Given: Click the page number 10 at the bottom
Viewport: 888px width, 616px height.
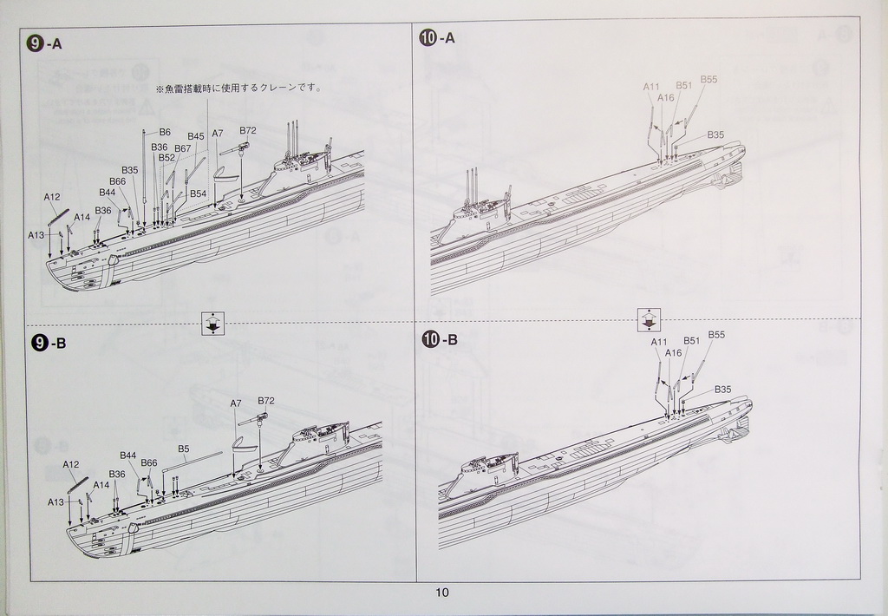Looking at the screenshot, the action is pyautogui.click(x=442, y=593).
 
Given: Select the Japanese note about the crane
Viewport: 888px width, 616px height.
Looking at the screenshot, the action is pyautogui.click(x=238, y=88).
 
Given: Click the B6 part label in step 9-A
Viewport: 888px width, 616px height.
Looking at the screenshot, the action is pyautogui.click(x=165, y=132).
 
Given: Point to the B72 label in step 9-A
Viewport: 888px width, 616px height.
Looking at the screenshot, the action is pyautogui.click(x=248, y=130).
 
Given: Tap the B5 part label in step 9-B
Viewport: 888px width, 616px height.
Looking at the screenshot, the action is pyautogui.click(x=184, y=449).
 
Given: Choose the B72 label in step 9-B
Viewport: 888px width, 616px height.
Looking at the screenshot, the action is pyautogui.click(x=266, y=401).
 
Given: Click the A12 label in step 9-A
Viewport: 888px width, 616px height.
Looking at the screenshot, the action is pyautogui.click(x=52, y=197).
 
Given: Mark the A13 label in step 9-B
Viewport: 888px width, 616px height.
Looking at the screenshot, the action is pyautogui.click(x=56, y=501).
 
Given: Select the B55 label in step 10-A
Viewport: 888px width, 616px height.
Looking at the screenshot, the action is pyautogui.click(x=708, y=80).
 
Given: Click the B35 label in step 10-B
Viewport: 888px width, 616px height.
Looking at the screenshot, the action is pyautogui.click(x=723, y=390).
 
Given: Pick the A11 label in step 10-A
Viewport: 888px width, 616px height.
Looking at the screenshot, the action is pyautogui.click(x=651, y=87).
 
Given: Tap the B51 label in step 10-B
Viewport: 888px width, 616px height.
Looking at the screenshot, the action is pyautogui.click(x=691, y=341).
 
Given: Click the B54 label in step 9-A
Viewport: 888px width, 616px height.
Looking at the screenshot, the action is pyautogui.click(x=198, y=193).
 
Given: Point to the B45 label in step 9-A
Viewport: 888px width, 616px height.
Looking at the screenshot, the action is pyautogui.click(x=196, y=136).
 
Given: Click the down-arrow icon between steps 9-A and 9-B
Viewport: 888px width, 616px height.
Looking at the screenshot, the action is pyautogui.click(x=212, y=324).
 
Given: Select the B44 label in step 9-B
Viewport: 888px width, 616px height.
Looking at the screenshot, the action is pyautogui.click(x=128, y=455).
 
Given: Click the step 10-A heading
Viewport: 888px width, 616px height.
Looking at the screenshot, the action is pyautogui.click(x=437, y=38).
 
